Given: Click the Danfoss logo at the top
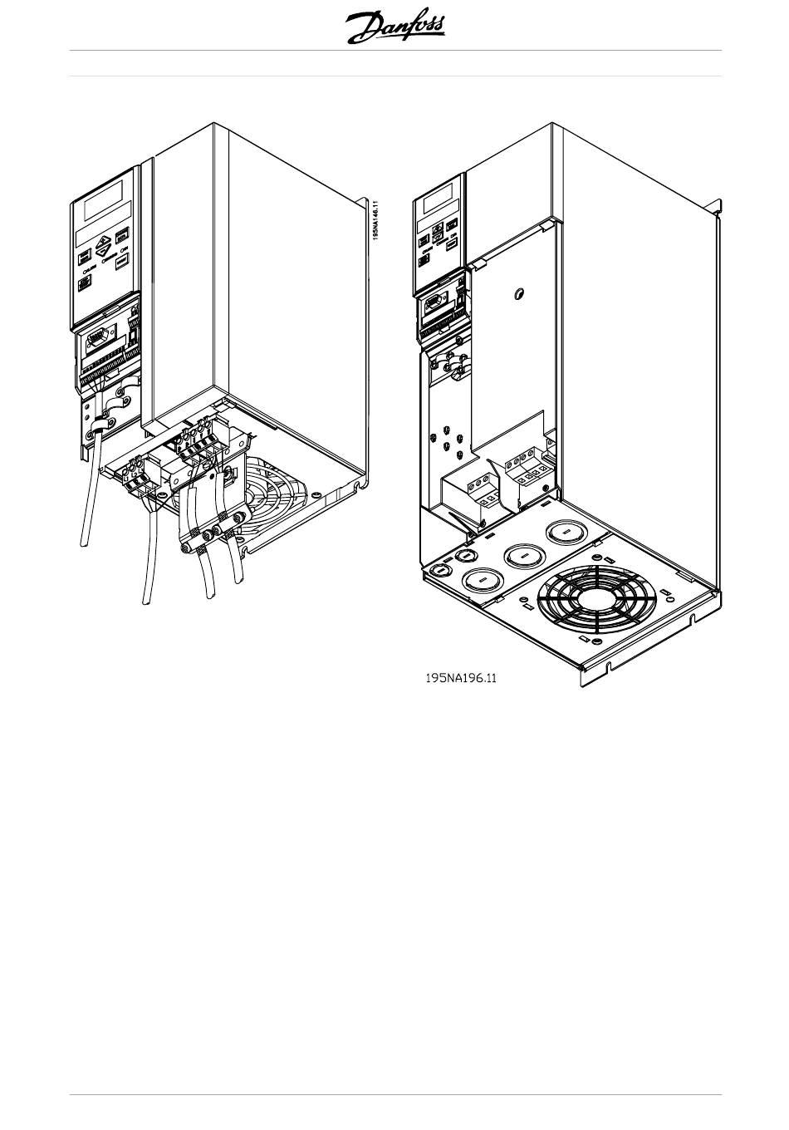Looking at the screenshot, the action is tap(395, 27).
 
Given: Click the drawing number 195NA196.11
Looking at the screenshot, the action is tap(461, 678).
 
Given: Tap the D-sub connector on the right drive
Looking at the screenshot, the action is tap(436, 307).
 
